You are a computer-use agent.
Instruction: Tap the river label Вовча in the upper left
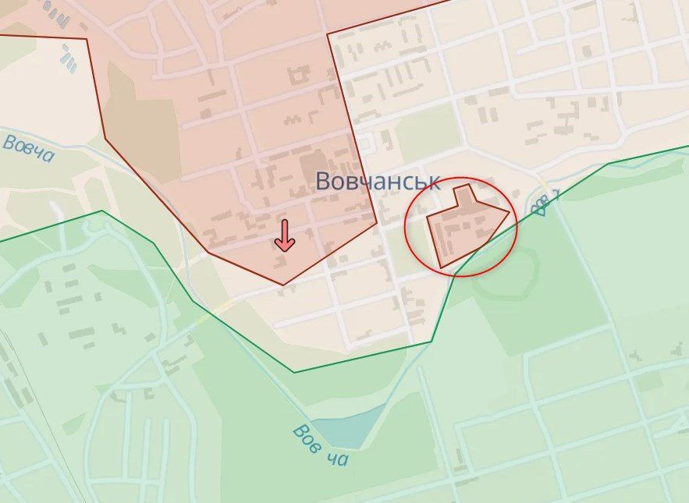click(29, 148)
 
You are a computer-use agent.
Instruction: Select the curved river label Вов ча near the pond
click(320, 445)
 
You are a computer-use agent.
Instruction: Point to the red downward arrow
click(284, 236)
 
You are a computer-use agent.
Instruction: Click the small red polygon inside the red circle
click(466, 224)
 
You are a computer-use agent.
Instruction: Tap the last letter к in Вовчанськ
click(433, 182)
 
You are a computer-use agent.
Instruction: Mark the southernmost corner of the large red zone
click(282, 284)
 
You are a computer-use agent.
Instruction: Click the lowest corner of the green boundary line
click(294, 372)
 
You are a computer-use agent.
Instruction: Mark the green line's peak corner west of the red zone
click(101, 211)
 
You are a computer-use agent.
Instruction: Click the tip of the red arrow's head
click(284, 250)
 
